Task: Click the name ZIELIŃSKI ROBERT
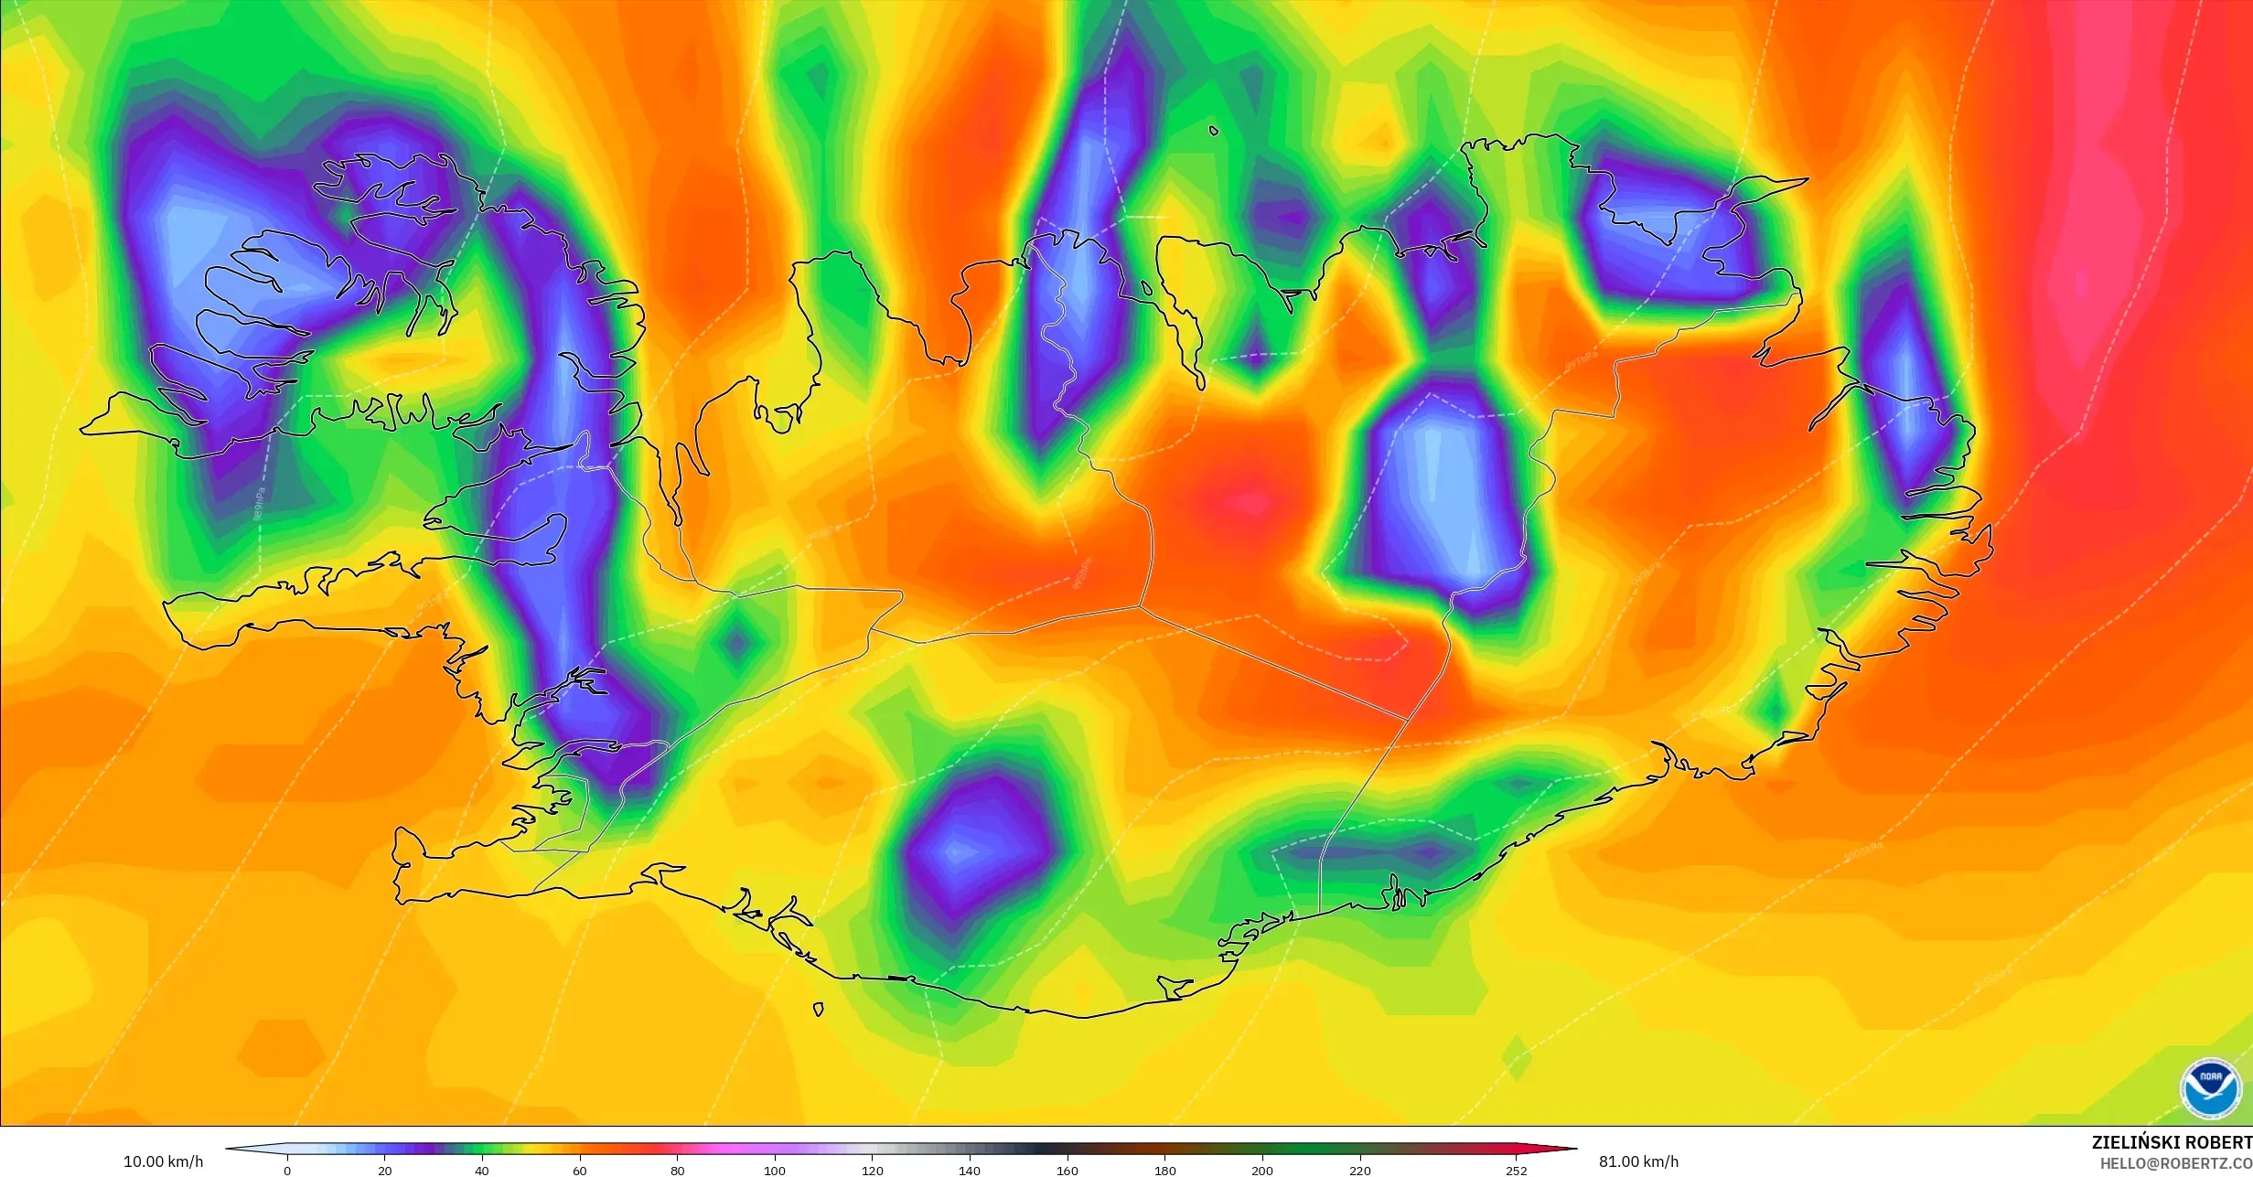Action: pos(2172,1142)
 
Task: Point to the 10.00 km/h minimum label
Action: pos(163,1161)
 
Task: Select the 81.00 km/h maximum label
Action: pos(1638,1161)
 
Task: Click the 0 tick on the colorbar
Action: pos(287,1170)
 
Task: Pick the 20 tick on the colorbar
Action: pos(385,1170)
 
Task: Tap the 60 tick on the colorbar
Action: pos(580,1170)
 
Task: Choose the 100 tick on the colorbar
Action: pos(775,1170)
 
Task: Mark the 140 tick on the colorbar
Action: pos(970,1170)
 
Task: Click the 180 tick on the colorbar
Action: pos(1164,1170)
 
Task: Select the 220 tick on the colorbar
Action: pos(1359,1170)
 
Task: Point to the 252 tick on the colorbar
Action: pos(1516,1170)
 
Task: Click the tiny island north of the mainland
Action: pos(1214,131)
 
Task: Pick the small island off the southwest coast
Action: pos(819,1009)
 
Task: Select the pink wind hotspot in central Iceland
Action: pos(1249,501)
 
